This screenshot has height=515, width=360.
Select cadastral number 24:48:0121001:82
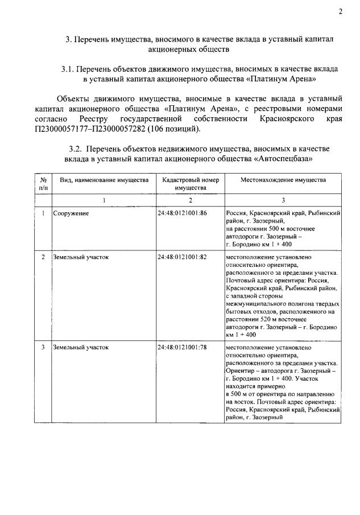(182, 257)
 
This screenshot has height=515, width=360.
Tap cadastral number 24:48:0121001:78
(182, 347)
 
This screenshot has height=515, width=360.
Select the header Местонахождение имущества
(283, 180)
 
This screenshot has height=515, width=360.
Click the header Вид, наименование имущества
(104, 180)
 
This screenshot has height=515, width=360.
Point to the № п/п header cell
(43, 183)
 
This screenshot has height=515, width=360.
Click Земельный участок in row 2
(81, 257)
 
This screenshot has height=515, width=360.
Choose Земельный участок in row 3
(81, 347)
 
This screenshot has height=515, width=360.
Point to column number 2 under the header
(190, 200)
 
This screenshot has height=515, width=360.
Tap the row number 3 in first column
(43, 347)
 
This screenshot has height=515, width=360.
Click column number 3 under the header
(283, 200)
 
